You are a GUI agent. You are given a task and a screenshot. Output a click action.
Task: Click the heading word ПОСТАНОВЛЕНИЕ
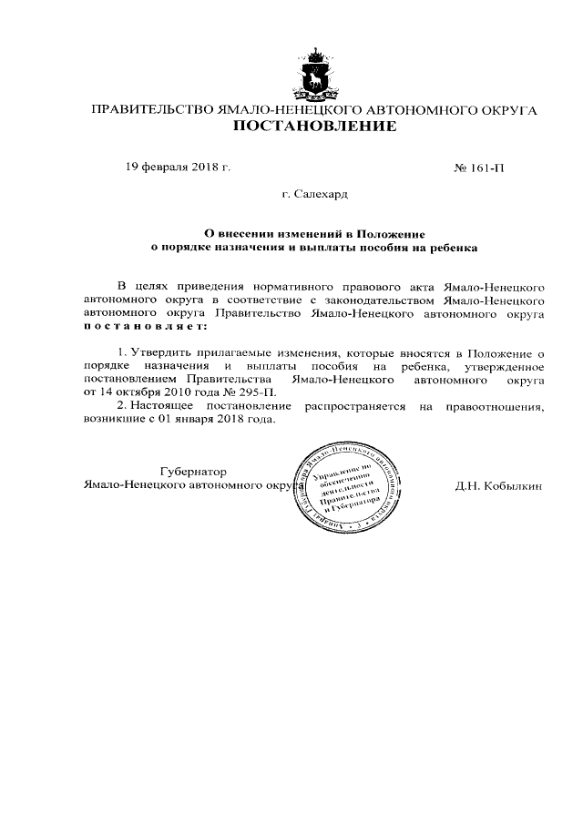tap(315, 127)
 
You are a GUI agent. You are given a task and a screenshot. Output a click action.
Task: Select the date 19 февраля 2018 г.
tap(179, 168)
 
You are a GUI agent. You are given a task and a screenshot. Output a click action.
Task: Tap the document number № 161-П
tap(478, 168)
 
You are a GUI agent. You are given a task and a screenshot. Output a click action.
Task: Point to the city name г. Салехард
tap(314, 194)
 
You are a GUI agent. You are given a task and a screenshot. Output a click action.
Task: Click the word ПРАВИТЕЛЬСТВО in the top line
tap(148, 109)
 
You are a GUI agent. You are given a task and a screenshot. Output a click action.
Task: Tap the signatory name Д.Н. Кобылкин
tap(499, 485)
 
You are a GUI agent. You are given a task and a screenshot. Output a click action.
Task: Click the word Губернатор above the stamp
tap(192, 471)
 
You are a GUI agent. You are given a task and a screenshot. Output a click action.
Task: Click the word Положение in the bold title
tap(389, 232)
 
